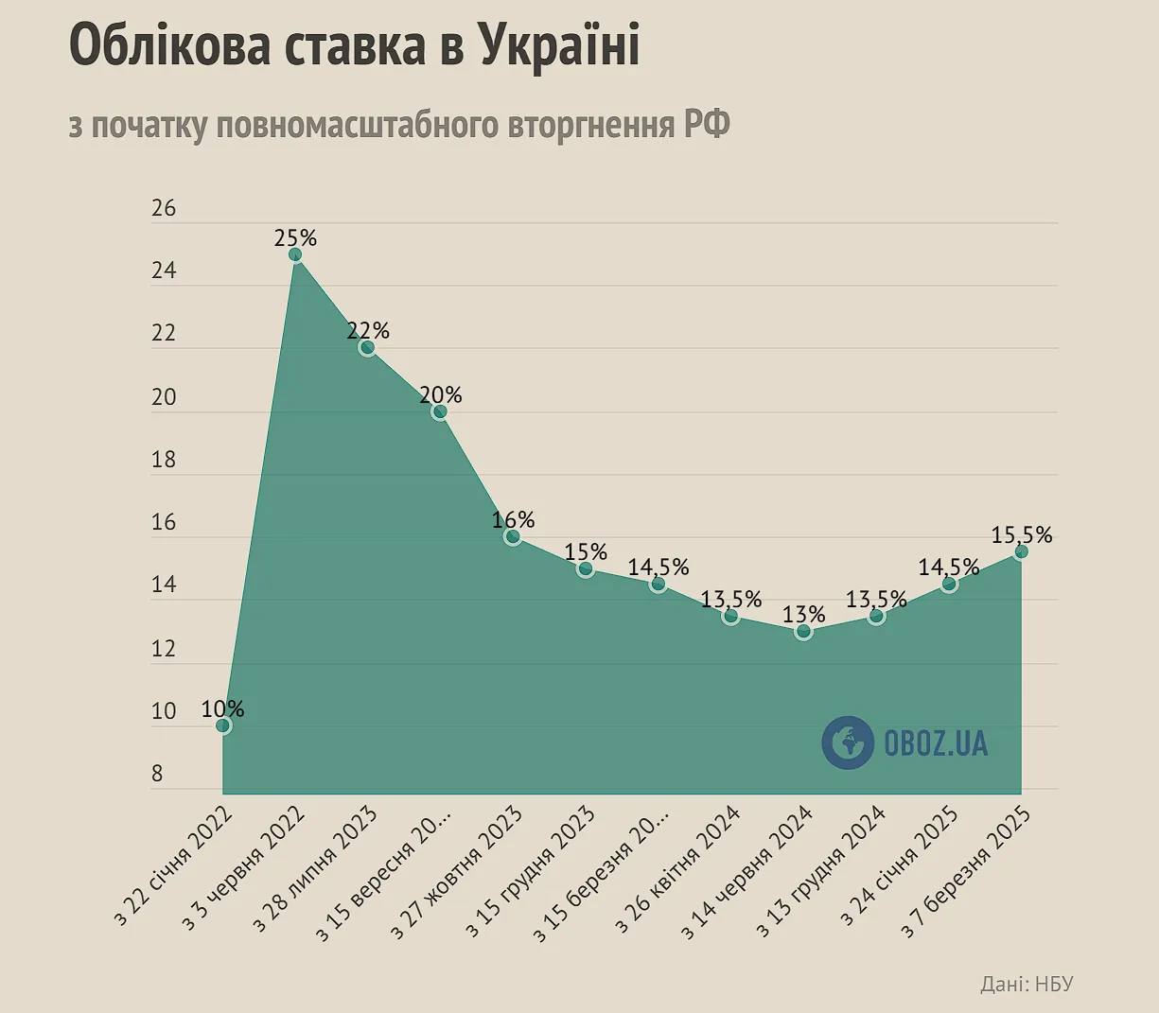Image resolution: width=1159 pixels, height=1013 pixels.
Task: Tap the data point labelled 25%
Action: [x=295, y=254]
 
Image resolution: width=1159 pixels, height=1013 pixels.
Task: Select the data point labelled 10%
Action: [x=223, y=725]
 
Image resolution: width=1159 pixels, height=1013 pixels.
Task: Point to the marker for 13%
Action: [x=803, y=631]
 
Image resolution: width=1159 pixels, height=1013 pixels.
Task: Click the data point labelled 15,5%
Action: [x=1021, y=551]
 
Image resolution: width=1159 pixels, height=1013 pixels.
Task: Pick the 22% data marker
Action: [x=367, y=348]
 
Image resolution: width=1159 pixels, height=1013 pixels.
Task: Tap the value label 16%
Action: [x=513, y=519]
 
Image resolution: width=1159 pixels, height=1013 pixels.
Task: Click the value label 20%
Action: [x=441, y=393]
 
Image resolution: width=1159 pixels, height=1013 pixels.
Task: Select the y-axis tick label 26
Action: [x=164, y=208]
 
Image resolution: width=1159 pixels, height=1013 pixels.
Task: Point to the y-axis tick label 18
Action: [x=164, y=460]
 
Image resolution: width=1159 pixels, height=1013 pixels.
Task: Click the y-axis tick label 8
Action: [x=157, y=774]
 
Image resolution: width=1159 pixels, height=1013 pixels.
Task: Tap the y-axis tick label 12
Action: [x=164, y=649]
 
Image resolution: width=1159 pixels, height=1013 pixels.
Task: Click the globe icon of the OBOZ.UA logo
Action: [x=847, y=742]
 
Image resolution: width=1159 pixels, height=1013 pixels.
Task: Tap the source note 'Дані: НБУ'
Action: [x=1027, y=984]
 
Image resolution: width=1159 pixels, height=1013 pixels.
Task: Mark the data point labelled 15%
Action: [x=586, y=568]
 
